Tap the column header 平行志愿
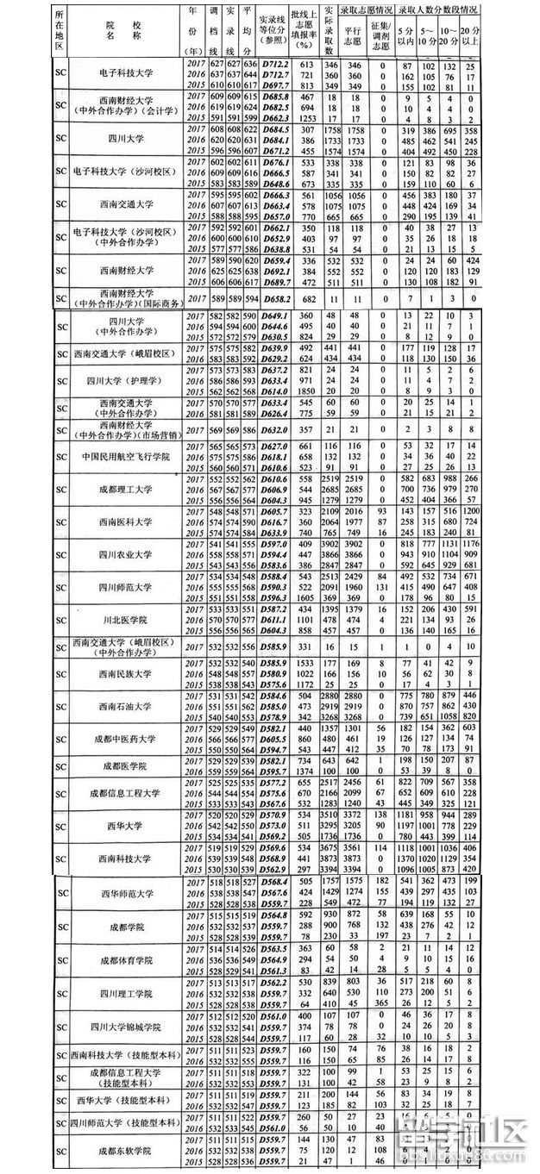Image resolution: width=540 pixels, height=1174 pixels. pos(351,39)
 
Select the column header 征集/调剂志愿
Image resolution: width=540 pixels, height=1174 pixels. pos(382,39)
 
